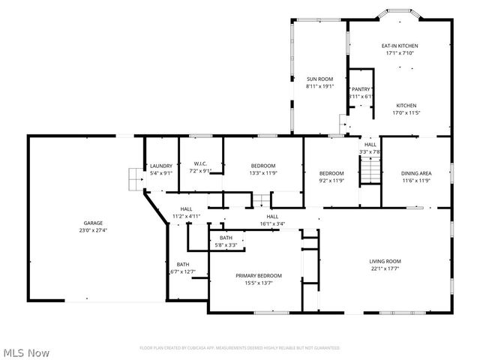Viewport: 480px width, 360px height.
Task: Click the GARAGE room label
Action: point(93,223)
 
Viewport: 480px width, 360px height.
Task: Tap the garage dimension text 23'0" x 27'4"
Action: point(93,230)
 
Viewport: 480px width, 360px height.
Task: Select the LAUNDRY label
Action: point(161,166)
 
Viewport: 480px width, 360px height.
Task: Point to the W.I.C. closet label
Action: point(200,163)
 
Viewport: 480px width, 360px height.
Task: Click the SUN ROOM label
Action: point(319,79)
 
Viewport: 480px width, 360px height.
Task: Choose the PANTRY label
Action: point(361,88)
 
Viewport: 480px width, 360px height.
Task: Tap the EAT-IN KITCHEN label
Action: point(399,46)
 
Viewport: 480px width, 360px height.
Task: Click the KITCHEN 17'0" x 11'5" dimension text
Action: point(406,113)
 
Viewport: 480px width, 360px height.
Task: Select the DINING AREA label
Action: point(415,172)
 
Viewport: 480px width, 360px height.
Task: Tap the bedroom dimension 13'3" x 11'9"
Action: point(262,173)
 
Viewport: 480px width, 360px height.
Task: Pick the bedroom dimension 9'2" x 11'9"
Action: point(331,180)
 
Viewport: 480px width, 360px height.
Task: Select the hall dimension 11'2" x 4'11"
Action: point(186,216)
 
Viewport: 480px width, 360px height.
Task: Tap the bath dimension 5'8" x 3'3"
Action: point(226,244)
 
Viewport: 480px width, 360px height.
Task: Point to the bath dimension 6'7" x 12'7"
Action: point(183,271)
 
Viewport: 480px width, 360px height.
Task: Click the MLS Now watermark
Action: point(26,351)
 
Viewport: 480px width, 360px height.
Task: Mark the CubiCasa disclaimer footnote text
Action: point(240,348)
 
